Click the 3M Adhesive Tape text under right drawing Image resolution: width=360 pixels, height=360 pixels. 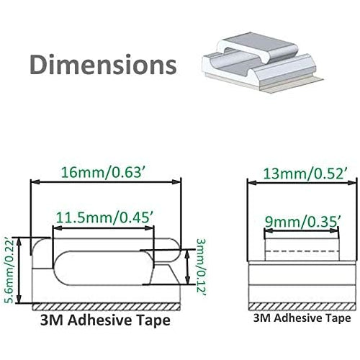tap(302, 317)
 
